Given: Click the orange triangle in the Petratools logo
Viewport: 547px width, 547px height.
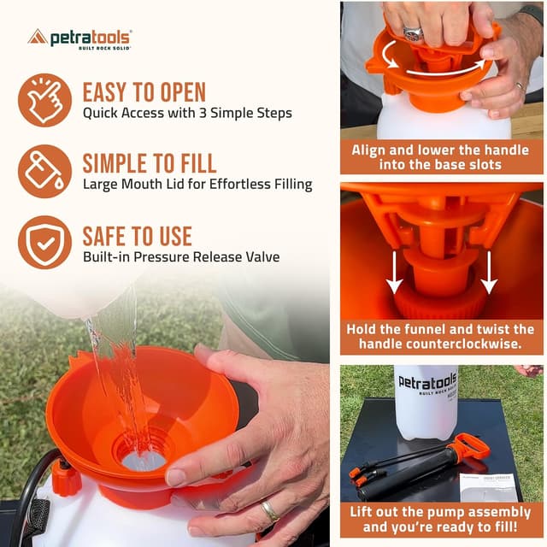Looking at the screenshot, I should (38, 37).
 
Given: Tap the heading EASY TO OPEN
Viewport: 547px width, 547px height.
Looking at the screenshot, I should (144, 92).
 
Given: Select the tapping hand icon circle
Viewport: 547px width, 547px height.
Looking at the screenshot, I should (45, 100).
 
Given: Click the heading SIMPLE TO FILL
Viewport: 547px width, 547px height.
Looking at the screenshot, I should (149, 162).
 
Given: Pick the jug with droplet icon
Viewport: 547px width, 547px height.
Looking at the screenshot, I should (45, 171).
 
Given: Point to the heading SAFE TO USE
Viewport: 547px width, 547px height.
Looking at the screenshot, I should (137, 235).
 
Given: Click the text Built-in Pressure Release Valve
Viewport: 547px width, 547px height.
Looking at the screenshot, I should (180, 256).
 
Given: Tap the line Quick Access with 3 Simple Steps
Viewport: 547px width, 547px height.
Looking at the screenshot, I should (187, 113).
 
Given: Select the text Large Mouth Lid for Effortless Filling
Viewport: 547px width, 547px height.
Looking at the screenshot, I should (197, 184).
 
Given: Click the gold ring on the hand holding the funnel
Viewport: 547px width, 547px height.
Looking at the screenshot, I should (269, 510).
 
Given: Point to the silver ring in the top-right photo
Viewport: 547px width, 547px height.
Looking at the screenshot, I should (413, 33).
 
